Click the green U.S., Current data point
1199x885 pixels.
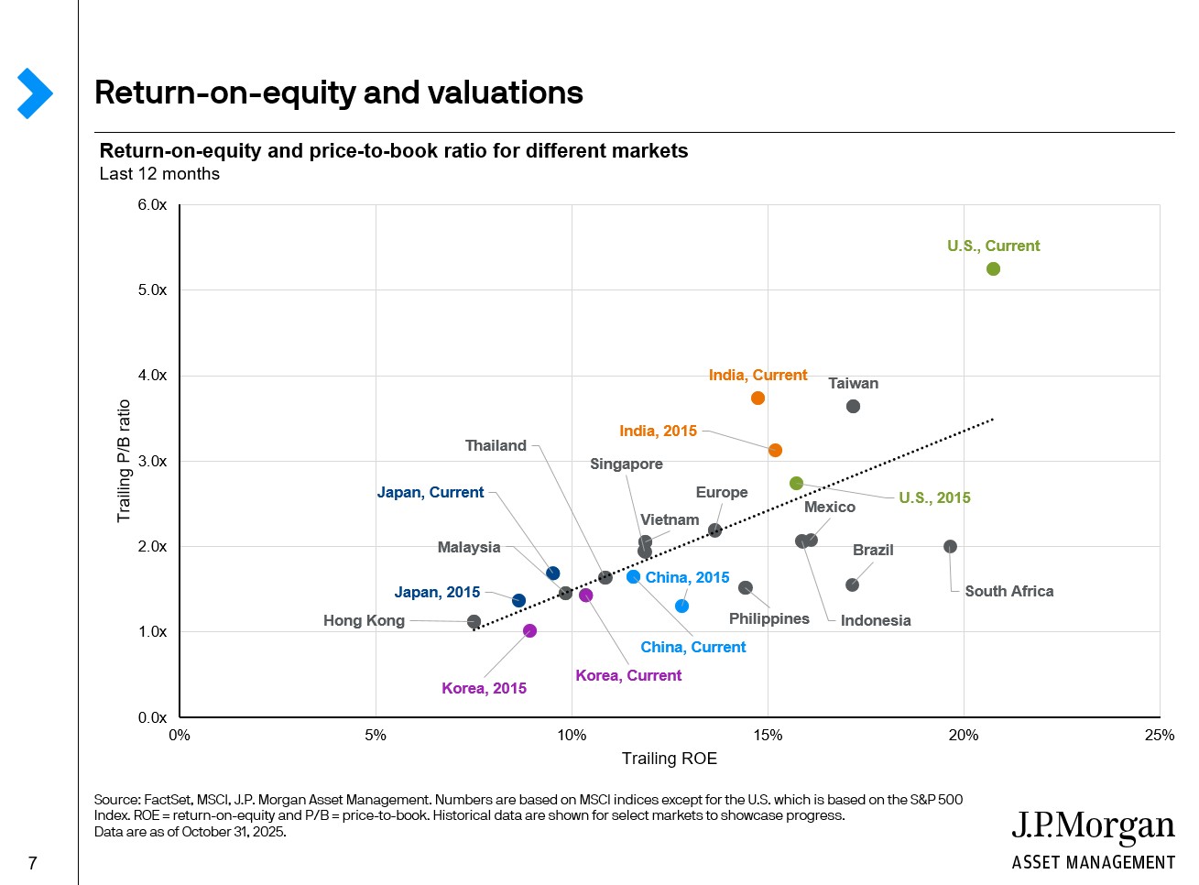coord(993,269)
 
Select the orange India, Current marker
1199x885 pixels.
coord(758,399)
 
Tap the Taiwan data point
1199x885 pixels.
coord(853,407)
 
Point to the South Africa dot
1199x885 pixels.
coord(950,547)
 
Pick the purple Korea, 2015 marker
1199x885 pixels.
coord(529,631)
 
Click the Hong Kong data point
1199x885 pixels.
coord(474,622)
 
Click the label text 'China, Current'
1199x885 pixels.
coord(692,648)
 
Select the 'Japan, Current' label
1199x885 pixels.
coord(430,493)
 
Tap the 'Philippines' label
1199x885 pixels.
coord(768,619)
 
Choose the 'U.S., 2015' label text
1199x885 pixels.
coord(934,498)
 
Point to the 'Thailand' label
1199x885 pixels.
coord(496,446)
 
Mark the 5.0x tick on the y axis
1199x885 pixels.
coord(152,290)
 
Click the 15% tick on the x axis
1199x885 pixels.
coord(768,736)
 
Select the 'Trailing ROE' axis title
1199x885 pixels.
coord(669,759)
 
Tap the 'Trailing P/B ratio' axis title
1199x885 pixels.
coord(124,461)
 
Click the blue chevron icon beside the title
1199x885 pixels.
coord(35,93)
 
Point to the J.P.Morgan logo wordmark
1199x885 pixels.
coord(1093,827)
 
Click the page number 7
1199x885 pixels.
coord(33,863)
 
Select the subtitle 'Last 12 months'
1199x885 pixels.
coord(159,174)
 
